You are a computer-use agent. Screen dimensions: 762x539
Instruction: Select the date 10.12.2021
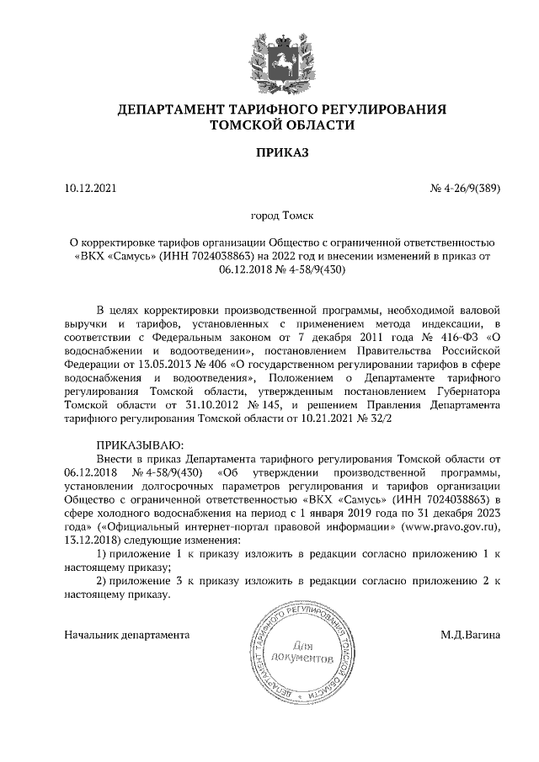click(x=92, y=189)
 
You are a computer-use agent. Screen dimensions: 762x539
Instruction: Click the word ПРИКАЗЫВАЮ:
click(x=137, y=444)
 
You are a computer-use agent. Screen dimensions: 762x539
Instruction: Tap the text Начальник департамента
click(x=127, y=634)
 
